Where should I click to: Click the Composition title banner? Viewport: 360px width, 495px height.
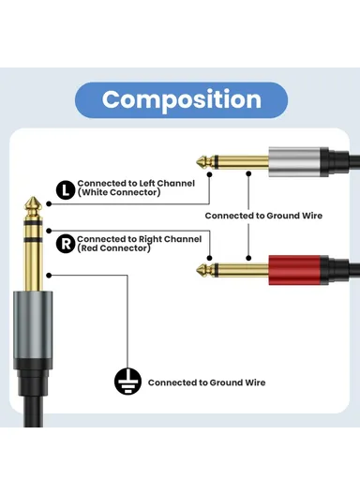coord(181,100)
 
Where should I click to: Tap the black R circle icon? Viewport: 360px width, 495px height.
coord(65,244)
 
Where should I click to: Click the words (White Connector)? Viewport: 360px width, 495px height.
coord(119,192)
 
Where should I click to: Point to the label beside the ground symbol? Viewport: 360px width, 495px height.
coord(206,382)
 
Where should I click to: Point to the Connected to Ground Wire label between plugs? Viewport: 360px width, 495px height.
coord(263,216)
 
